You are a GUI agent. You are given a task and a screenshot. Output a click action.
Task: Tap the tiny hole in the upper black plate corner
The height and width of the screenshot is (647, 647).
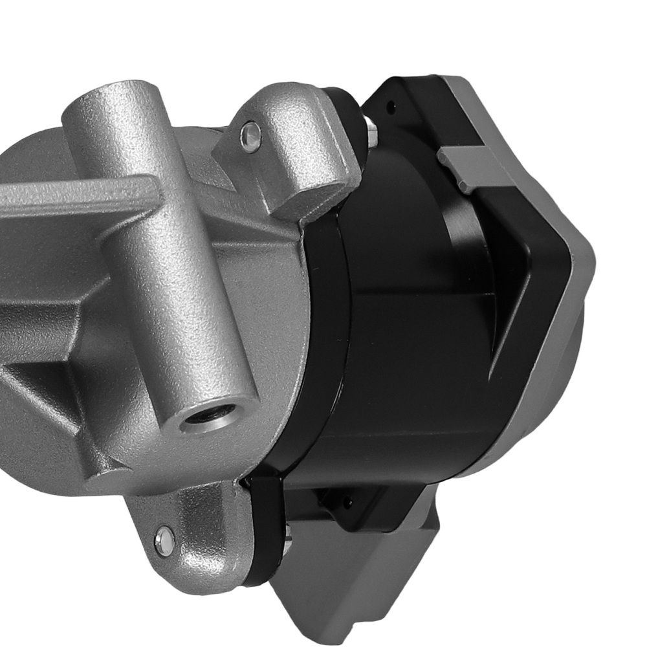(x=391, y=103)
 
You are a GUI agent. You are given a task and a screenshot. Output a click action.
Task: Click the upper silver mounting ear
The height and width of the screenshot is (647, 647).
(x=285, y=149)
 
